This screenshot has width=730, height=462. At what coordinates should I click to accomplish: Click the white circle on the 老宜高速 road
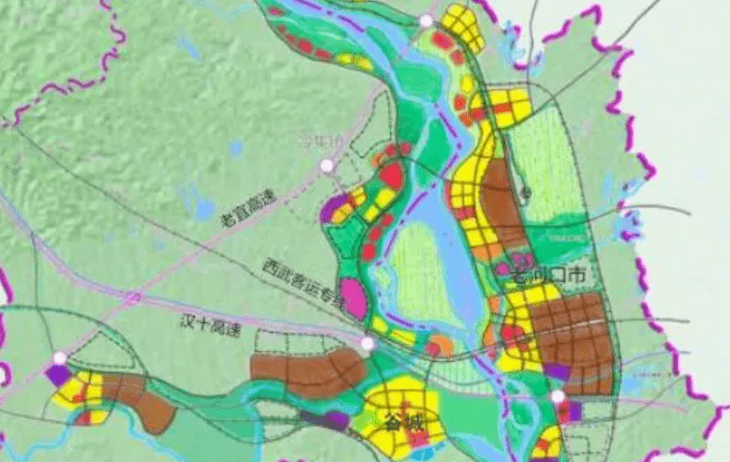pos(326,166)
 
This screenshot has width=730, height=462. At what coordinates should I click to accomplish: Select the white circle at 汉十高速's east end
pos(368,344)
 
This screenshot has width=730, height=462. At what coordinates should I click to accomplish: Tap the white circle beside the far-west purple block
pos(60,358)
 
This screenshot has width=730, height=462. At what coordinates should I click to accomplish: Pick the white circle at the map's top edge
pos(426,20)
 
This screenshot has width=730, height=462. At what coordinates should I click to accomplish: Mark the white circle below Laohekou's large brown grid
pos(557,397)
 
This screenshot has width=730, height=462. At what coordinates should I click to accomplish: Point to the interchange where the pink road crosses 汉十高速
pos(133,300)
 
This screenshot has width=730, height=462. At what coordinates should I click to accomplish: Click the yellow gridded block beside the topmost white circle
pos(462,28)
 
